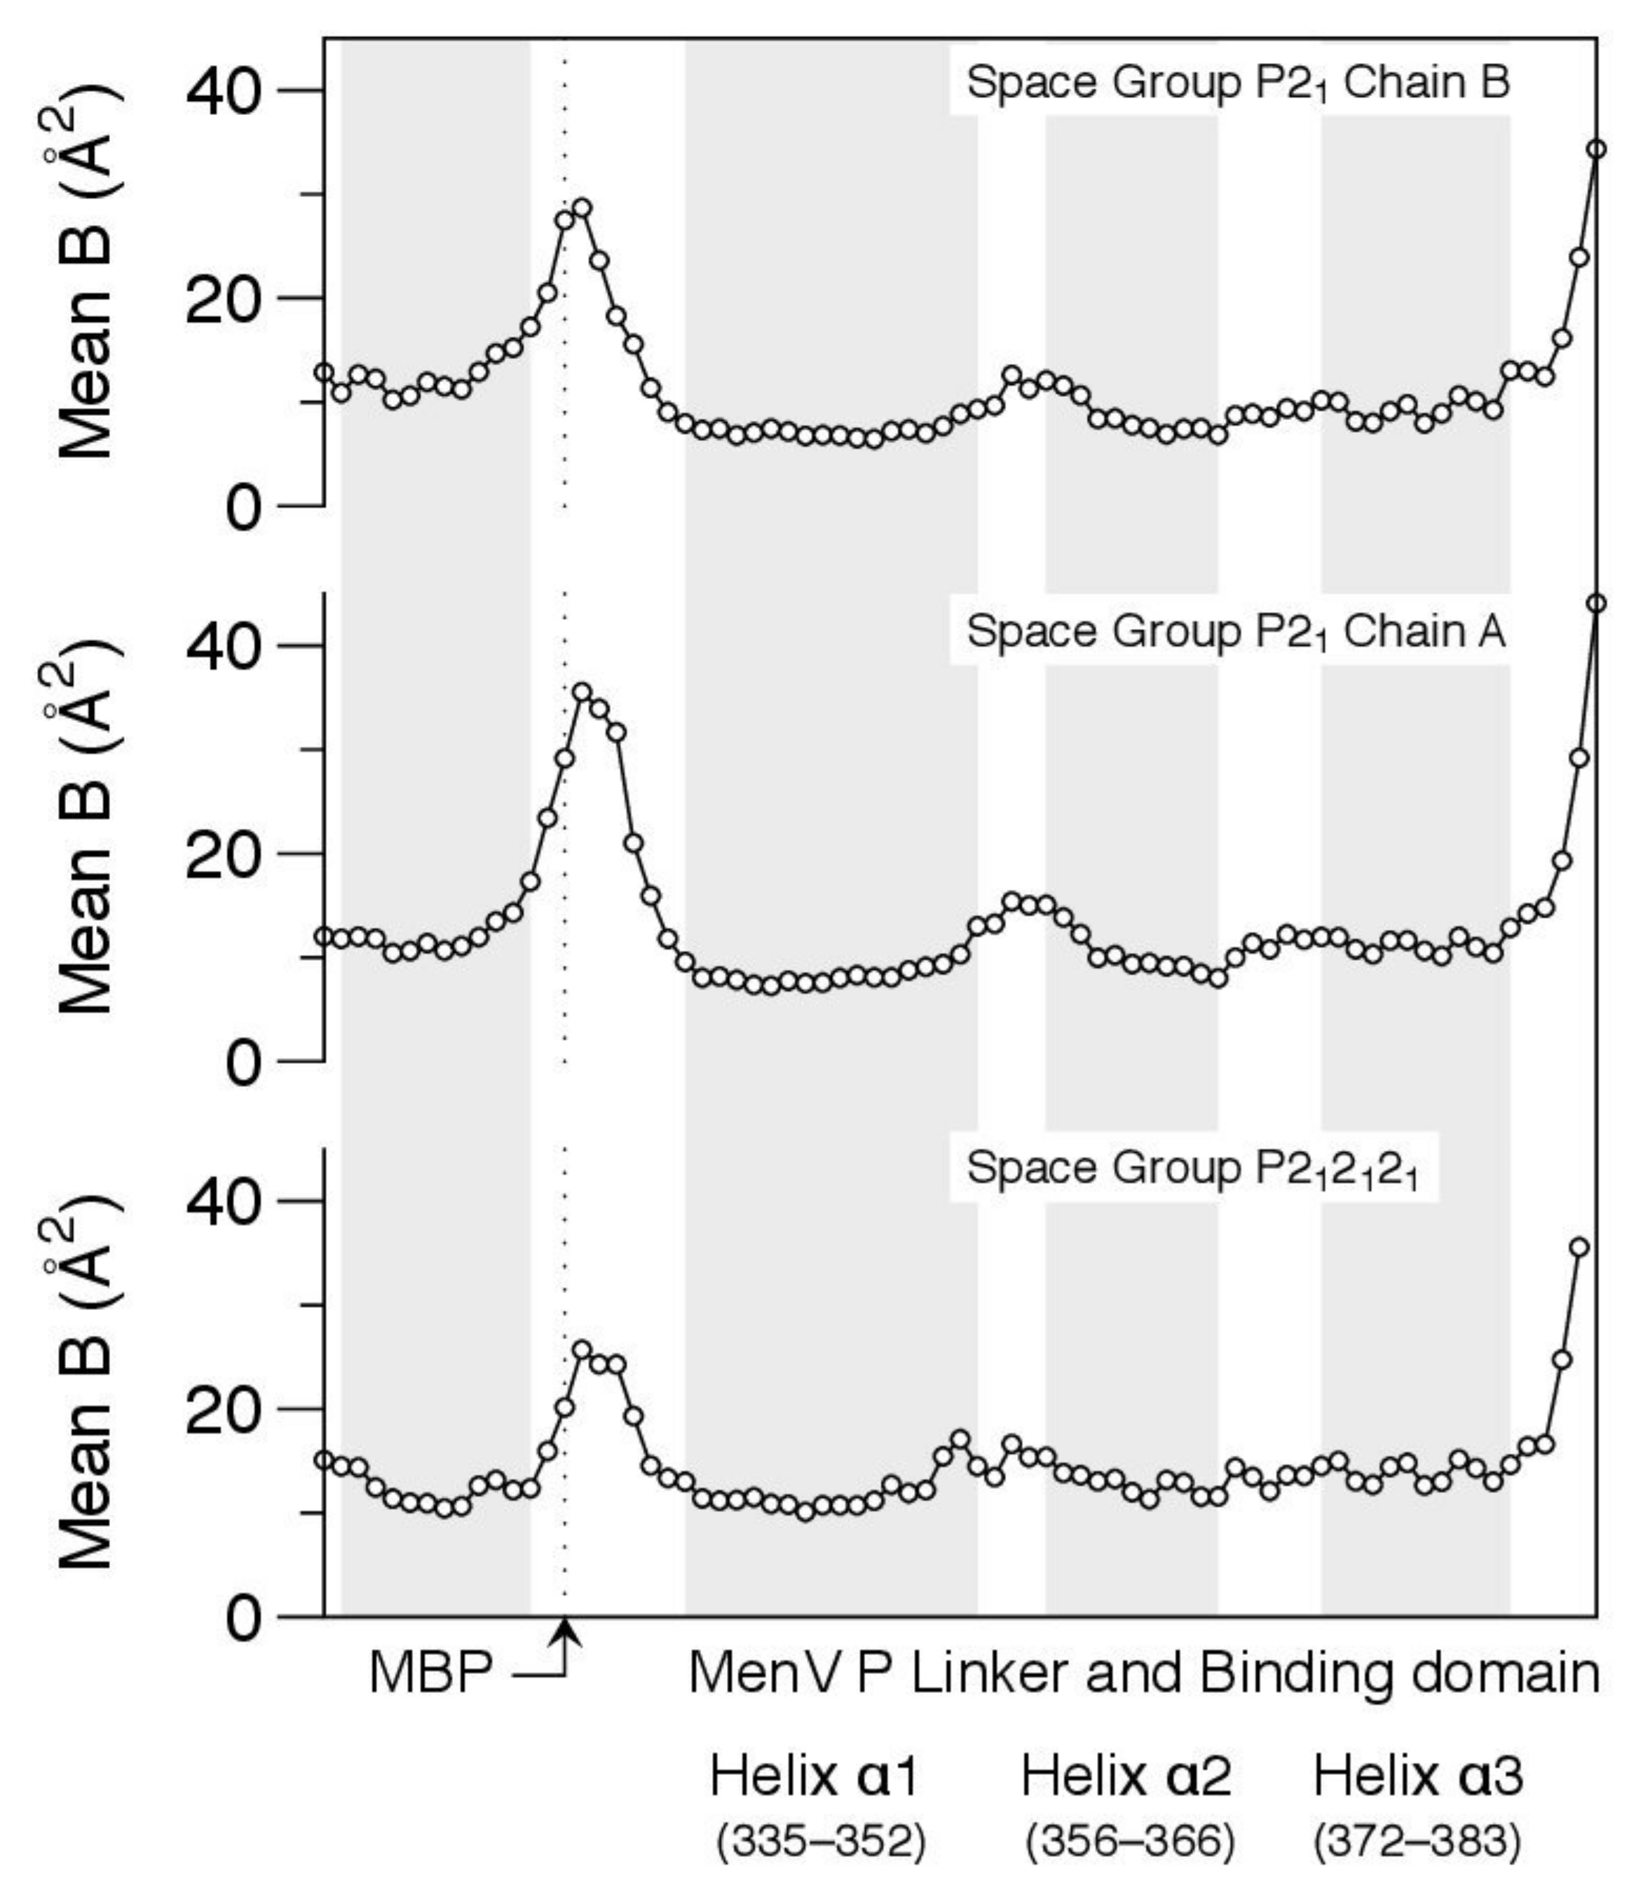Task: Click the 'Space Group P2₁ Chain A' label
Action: tap(1236, 633)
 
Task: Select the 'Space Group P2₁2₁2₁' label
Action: tap(1192, 1169)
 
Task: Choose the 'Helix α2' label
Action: tap(1126, 1776)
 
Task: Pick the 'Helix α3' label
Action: tap(1418, 1776)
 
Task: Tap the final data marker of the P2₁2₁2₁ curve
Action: tap(1579, 1248)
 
